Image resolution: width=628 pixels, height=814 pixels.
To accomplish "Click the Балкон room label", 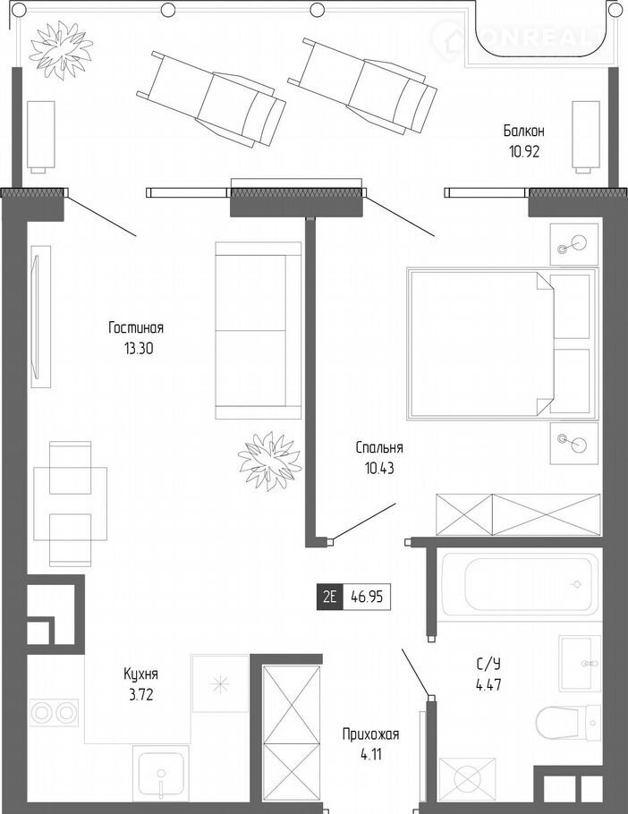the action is point(523,131).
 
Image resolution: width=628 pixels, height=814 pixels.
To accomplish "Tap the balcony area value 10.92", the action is point(524,151).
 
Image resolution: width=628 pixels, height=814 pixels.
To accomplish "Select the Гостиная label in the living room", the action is point(136,328).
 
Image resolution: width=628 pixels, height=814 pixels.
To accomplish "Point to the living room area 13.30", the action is point(139,349).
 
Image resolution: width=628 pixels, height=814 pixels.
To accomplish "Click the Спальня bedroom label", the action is point(379,447).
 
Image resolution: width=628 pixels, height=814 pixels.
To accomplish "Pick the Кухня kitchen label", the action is point(140,674).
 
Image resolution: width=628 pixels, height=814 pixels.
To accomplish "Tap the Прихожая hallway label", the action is point(370,734).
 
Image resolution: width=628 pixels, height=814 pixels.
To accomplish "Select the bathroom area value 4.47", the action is point(488,684).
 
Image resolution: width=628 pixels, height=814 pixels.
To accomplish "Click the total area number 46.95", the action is point(367,597).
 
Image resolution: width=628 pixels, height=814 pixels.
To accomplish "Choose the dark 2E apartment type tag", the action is point(329,597).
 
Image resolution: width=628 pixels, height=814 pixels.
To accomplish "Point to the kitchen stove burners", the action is point(54,713).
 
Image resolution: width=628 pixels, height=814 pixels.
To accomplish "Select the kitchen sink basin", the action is point(161,775).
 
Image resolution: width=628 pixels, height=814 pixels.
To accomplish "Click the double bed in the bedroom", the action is point(503,343).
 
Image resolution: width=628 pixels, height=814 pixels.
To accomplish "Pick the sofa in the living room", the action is point(259,330).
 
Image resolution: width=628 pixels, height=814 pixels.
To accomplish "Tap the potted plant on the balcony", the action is point(60,50).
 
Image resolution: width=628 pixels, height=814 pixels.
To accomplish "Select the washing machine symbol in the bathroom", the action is point(468,779).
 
